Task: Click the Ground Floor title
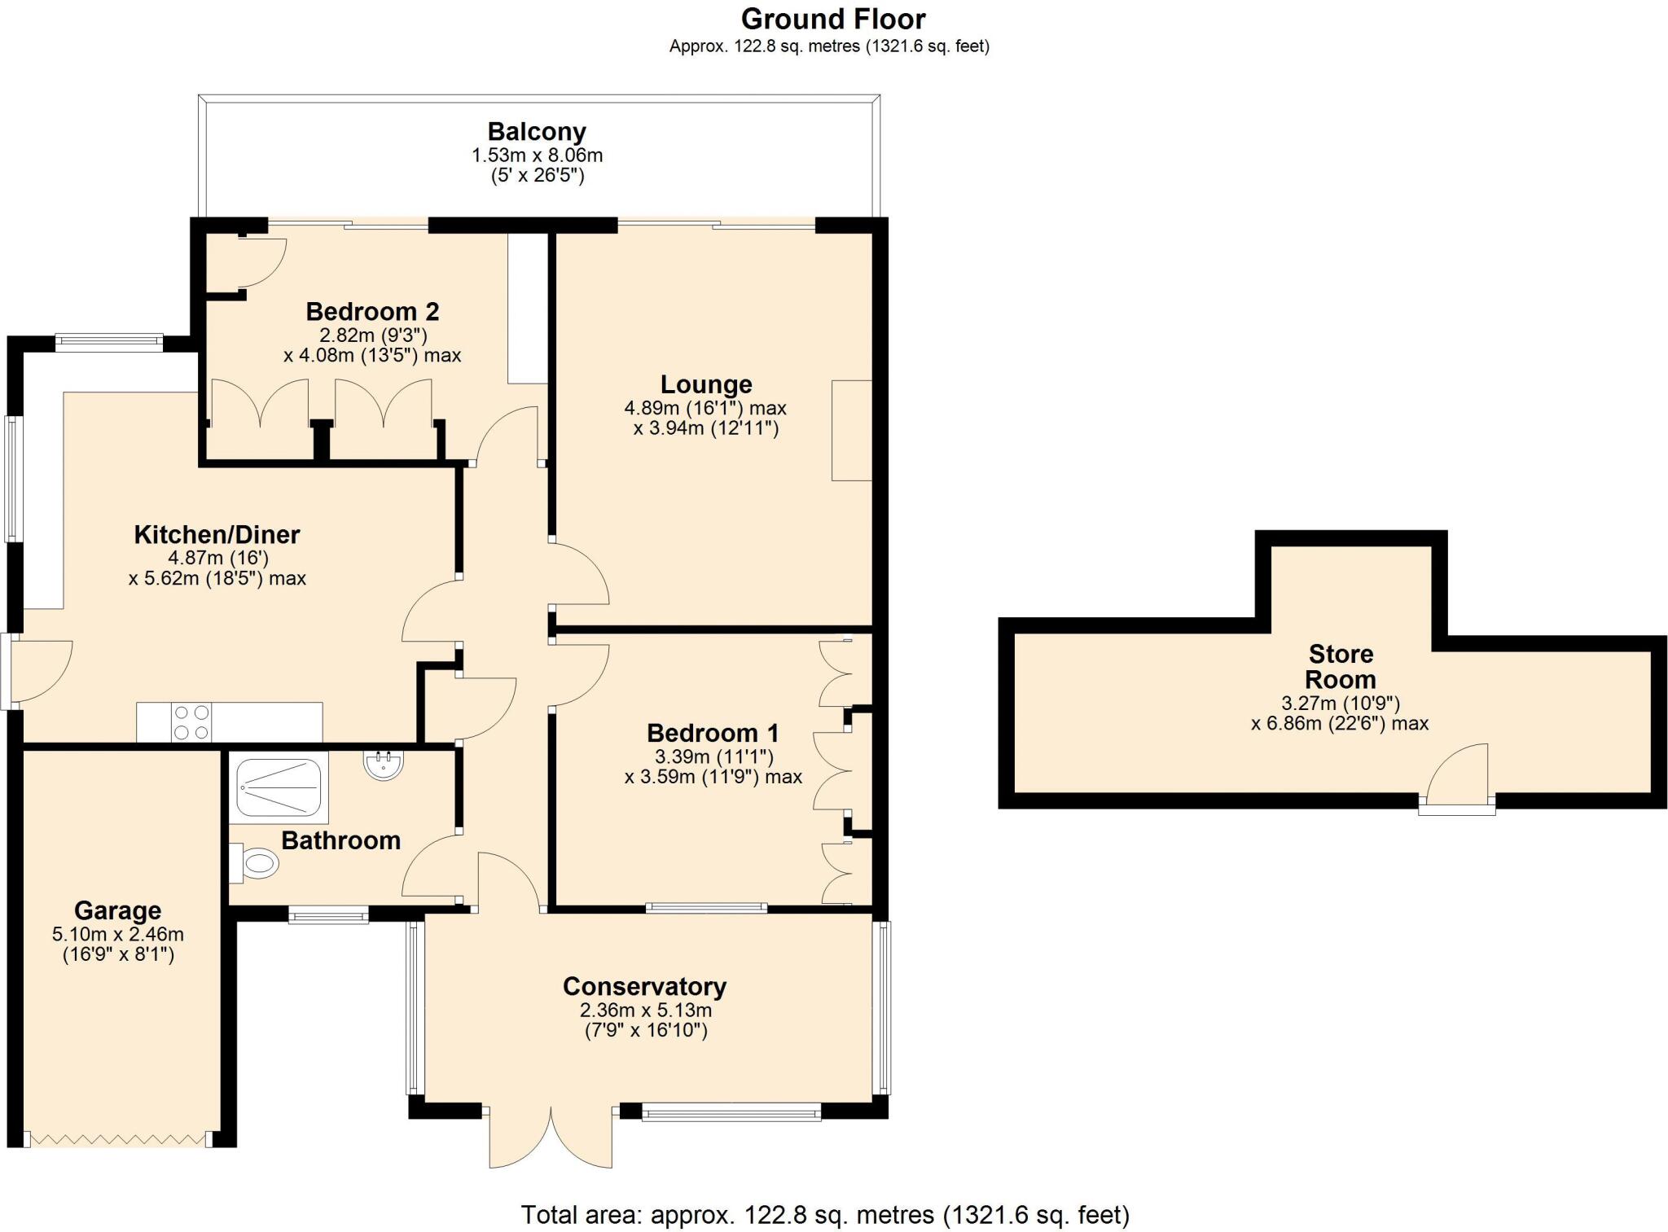[x=832, y=20]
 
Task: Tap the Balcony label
[x=537, y=132]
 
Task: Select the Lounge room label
[x=706, y=384]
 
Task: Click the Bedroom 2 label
[x=372, y=312]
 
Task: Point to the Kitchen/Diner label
[x=217, y=535]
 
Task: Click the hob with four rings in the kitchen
[x=191, y=722]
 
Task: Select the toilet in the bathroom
[x=256, y=863]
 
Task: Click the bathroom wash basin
[x=383, y=765]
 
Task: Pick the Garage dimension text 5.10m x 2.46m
[x=118, y=935]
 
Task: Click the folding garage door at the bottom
[x=118, y=1139]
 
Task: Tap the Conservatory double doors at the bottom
[x=551, y=1137]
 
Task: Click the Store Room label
[x=1341, y=666]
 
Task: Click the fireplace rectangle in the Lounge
[x=852, y=430]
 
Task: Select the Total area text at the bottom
[x=825, y=1215]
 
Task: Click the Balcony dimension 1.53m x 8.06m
[x=537, y=155]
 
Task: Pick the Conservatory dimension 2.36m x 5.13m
[x=646, y=1011]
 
